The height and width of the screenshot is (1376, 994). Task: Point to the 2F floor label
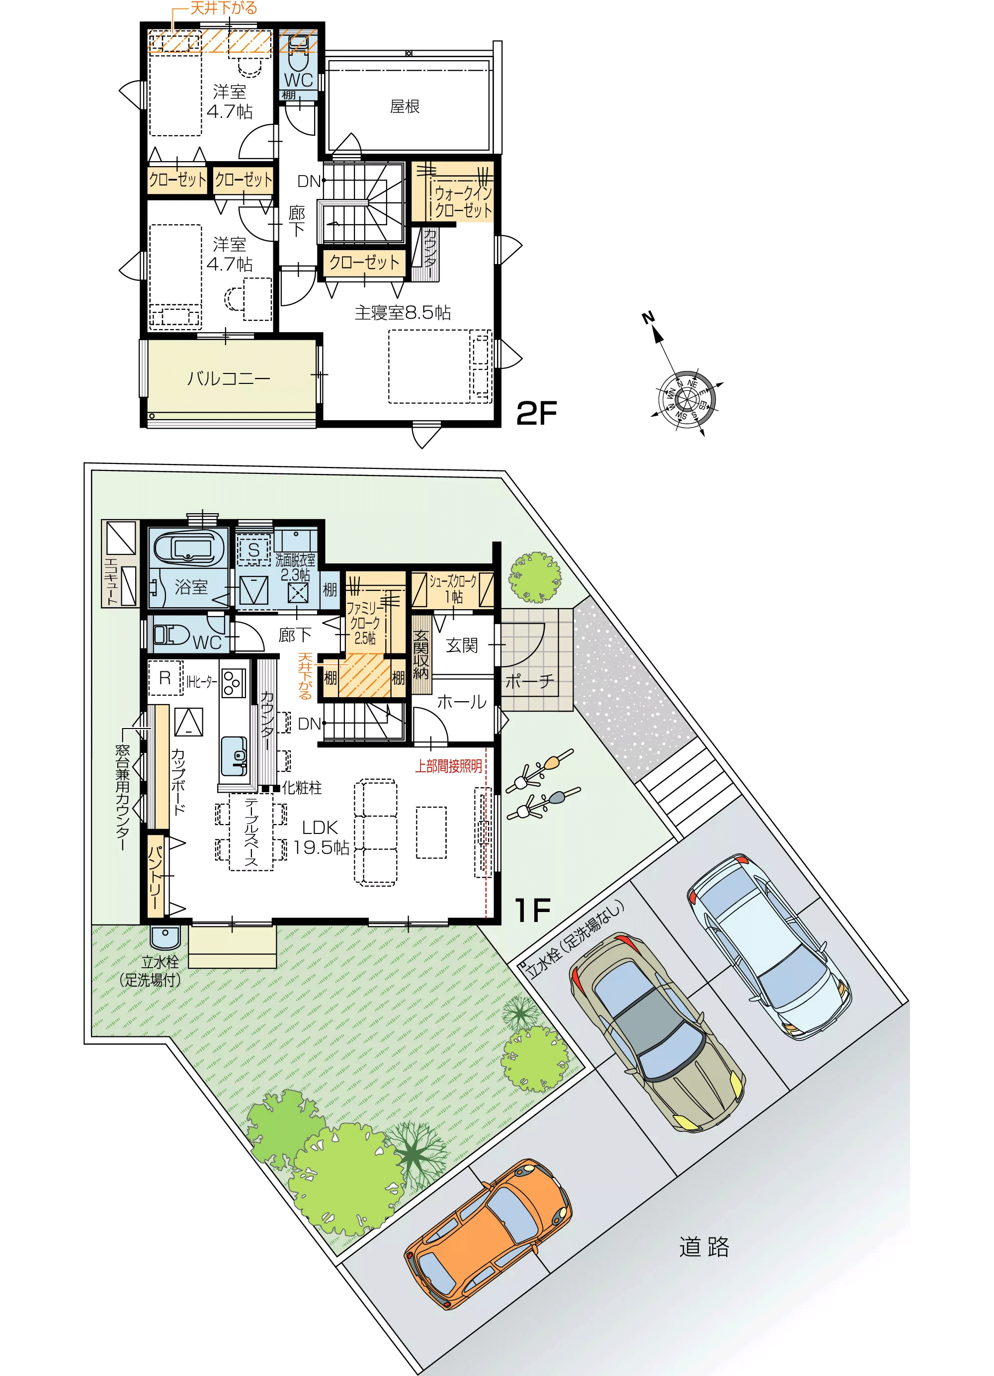pos(536,414)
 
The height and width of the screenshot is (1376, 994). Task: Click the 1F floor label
pos(532,910)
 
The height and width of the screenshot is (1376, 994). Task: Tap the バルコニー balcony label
pos(229,378)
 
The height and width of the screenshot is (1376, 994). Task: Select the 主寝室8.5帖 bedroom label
pos(403,312)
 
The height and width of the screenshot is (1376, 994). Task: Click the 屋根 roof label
pos(405,107)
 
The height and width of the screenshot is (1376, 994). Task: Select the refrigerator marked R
pos(165,678)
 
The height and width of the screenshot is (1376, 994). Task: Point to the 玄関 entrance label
pos(462,645)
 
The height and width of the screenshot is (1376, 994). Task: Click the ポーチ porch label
pos(529,681)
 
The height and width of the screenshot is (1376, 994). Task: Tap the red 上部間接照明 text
pos(448,766)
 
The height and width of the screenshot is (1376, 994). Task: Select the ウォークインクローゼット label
pos(463,202)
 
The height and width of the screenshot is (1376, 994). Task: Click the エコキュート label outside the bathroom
pos(111,581)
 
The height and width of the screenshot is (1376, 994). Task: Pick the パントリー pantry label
pos(155,875)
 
